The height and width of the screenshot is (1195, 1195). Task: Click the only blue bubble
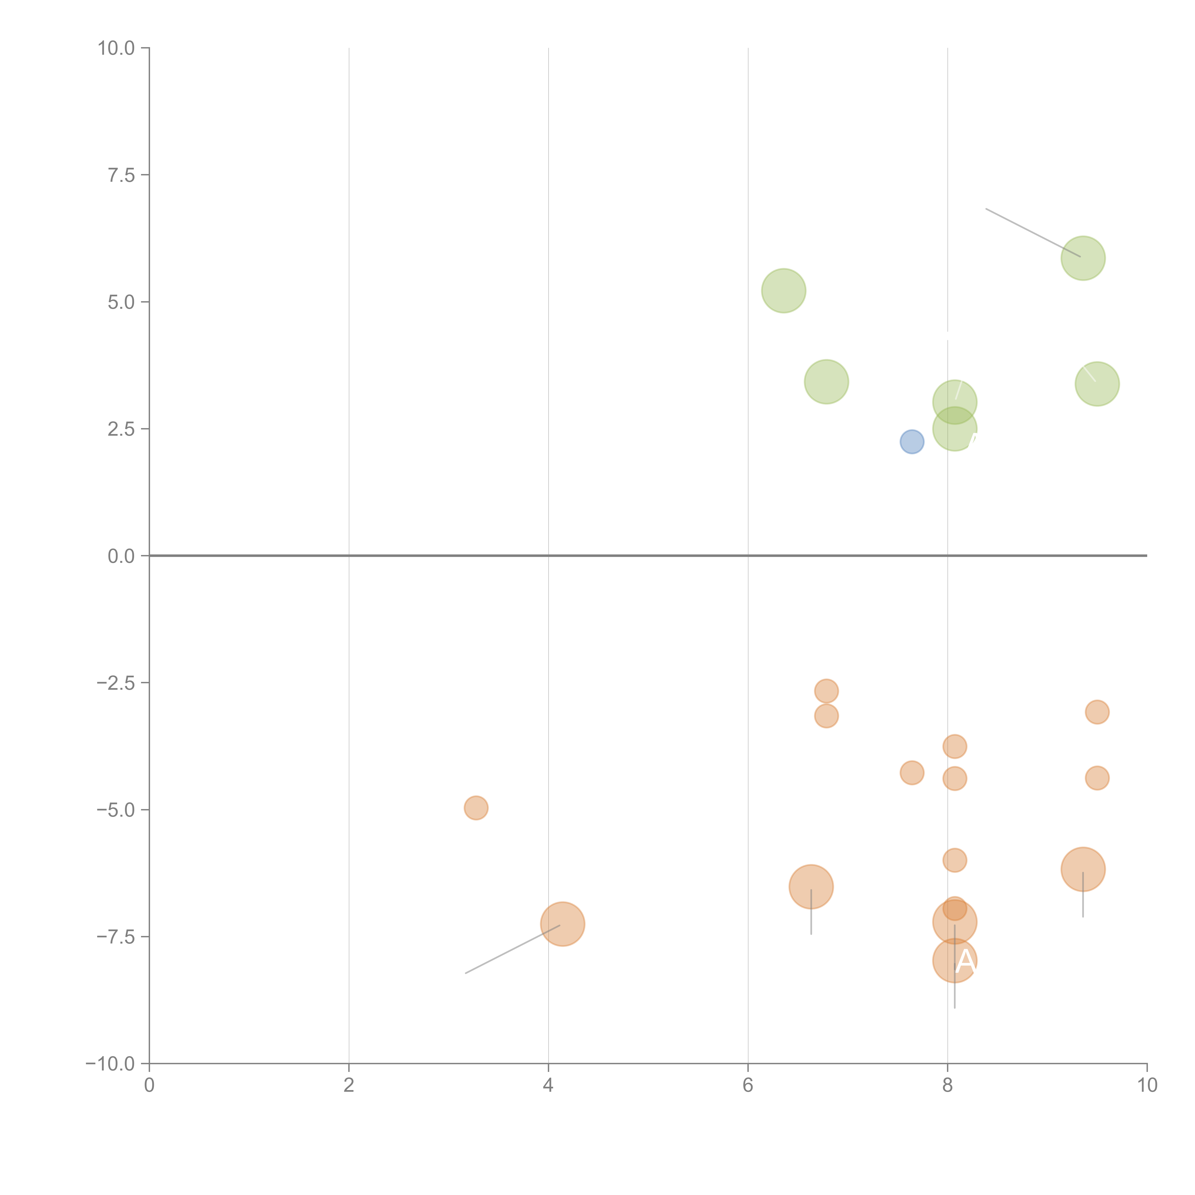tap(912, 442)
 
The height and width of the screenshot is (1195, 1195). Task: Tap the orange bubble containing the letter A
tap(954, 961)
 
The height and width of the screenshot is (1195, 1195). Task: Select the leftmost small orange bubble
tap(476, 808)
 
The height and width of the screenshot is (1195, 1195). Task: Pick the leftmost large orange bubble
tap(562, 924)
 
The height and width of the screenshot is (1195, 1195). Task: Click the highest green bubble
tap(1083, 258)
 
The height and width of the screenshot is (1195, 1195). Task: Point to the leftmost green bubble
tap(784, 291)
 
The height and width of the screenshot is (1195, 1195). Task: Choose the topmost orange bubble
tap(826, 691)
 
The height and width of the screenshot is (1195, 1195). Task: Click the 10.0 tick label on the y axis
tap(116, 48)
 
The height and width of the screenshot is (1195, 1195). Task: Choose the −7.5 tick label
tap(116, 937)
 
